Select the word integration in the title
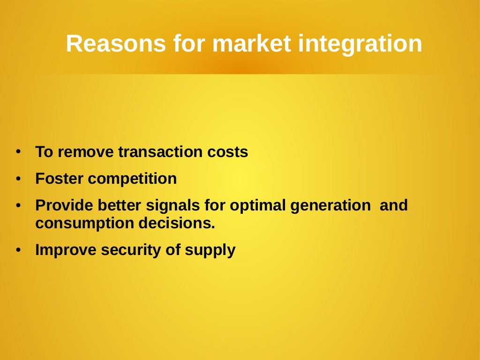coord(360,44)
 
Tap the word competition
coord(132,179)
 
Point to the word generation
coord(330,205)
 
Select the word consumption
coord(85,223)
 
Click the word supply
coord(210,250)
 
